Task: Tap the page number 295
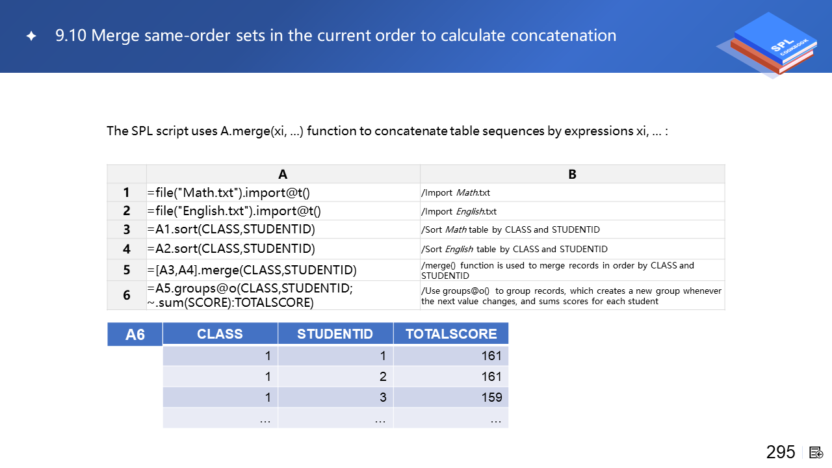tap(781, 452)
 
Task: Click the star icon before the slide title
tap(31, 36)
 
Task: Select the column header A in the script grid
tap(283, 174)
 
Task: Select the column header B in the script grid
tap(572, 174)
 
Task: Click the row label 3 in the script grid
tap(127, 229)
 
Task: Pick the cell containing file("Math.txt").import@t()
tap(234, 192)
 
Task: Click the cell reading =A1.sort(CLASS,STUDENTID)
tap(231, 229)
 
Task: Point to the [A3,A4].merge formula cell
tap(252, 270)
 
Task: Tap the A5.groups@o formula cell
tap(250, 295)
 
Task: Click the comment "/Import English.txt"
tap(459, 211)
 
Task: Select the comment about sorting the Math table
tap(511, 229)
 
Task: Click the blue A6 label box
tap(135, 335)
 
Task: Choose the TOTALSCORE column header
tap(451, 334)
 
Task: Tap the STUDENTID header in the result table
tap(335, 334)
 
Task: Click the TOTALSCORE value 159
tap(491, 397)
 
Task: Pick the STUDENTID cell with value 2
tap(383, 376)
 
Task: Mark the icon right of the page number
tap(816, 452)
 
